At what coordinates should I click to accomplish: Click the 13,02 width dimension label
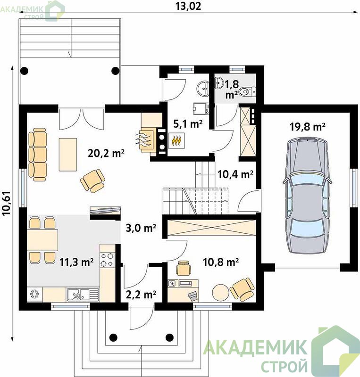point(188,6)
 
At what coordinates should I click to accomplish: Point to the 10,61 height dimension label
point(7,203)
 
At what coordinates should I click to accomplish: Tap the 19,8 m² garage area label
point(308,127)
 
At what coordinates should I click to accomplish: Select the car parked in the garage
point(307,195)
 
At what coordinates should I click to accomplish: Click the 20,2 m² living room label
point(106,153)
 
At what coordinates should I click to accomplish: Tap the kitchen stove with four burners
point(108,260)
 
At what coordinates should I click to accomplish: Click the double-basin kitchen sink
point(83,294)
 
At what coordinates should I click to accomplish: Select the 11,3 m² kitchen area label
point(76,262)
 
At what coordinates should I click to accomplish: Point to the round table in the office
point(220,292)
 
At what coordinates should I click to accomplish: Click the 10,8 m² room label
point(221,262)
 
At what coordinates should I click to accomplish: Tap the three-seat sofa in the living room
point(37,155)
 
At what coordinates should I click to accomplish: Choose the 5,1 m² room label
point(188,124)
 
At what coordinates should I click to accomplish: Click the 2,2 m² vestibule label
point(141,294)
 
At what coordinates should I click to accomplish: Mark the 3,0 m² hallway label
point(141,228)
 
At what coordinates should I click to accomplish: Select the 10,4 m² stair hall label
point(235,174)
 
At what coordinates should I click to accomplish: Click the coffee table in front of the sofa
point(68,155)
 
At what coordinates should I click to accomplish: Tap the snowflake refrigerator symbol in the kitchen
point(34,294)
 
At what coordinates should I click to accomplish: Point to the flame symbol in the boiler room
point(176,140)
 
